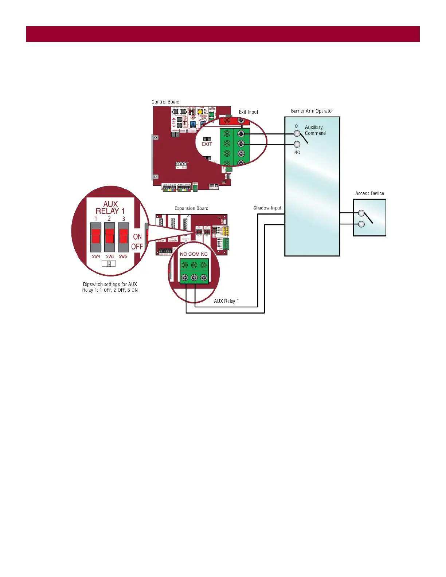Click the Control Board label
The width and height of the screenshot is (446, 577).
click(165, 102)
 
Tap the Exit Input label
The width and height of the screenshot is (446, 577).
click(249, 112)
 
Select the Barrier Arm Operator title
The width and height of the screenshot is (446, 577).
click(312, 111)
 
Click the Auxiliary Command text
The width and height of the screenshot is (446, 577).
click(315, 130)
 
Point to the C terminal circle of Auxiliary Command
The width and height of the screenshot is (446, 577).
click(297, 134)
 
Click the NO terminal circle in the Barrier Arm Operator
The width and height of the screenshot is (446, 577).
click(297, 145)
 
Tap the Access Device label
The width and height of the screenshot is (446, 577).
click(369, 194)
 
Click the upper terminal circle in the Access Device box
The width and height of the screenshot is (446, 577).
click(361, 213)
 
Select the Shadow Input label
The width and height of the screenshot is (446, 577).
click(267, 208)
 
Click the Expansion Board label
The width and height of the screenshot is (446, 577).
click(191, 208)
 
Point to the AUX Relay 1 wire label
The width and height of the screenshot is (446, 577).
click(226, 301)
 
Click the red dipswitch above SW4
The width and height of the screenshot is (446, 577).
click(96, 236)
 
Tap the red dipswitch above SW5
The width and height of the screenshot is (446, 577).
click(110, 236)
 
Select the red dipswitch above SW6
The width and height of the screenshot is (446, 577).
click(124, 236)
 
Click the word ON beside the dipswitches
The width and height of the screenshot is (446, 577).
click(137, 237)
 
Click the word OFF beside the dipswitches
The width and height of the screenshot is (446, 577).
click(137, 247)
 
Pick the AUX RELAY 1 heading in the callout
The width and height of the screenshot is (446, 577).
click(110, 208)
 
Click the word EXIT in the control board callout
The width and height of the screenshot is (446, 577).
click(207, 144)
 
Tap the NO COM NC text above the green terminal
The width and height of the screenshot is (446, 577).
click(194, 254)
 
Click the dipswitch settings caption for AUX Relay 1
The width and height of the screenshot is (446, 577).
click(110, 287)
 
